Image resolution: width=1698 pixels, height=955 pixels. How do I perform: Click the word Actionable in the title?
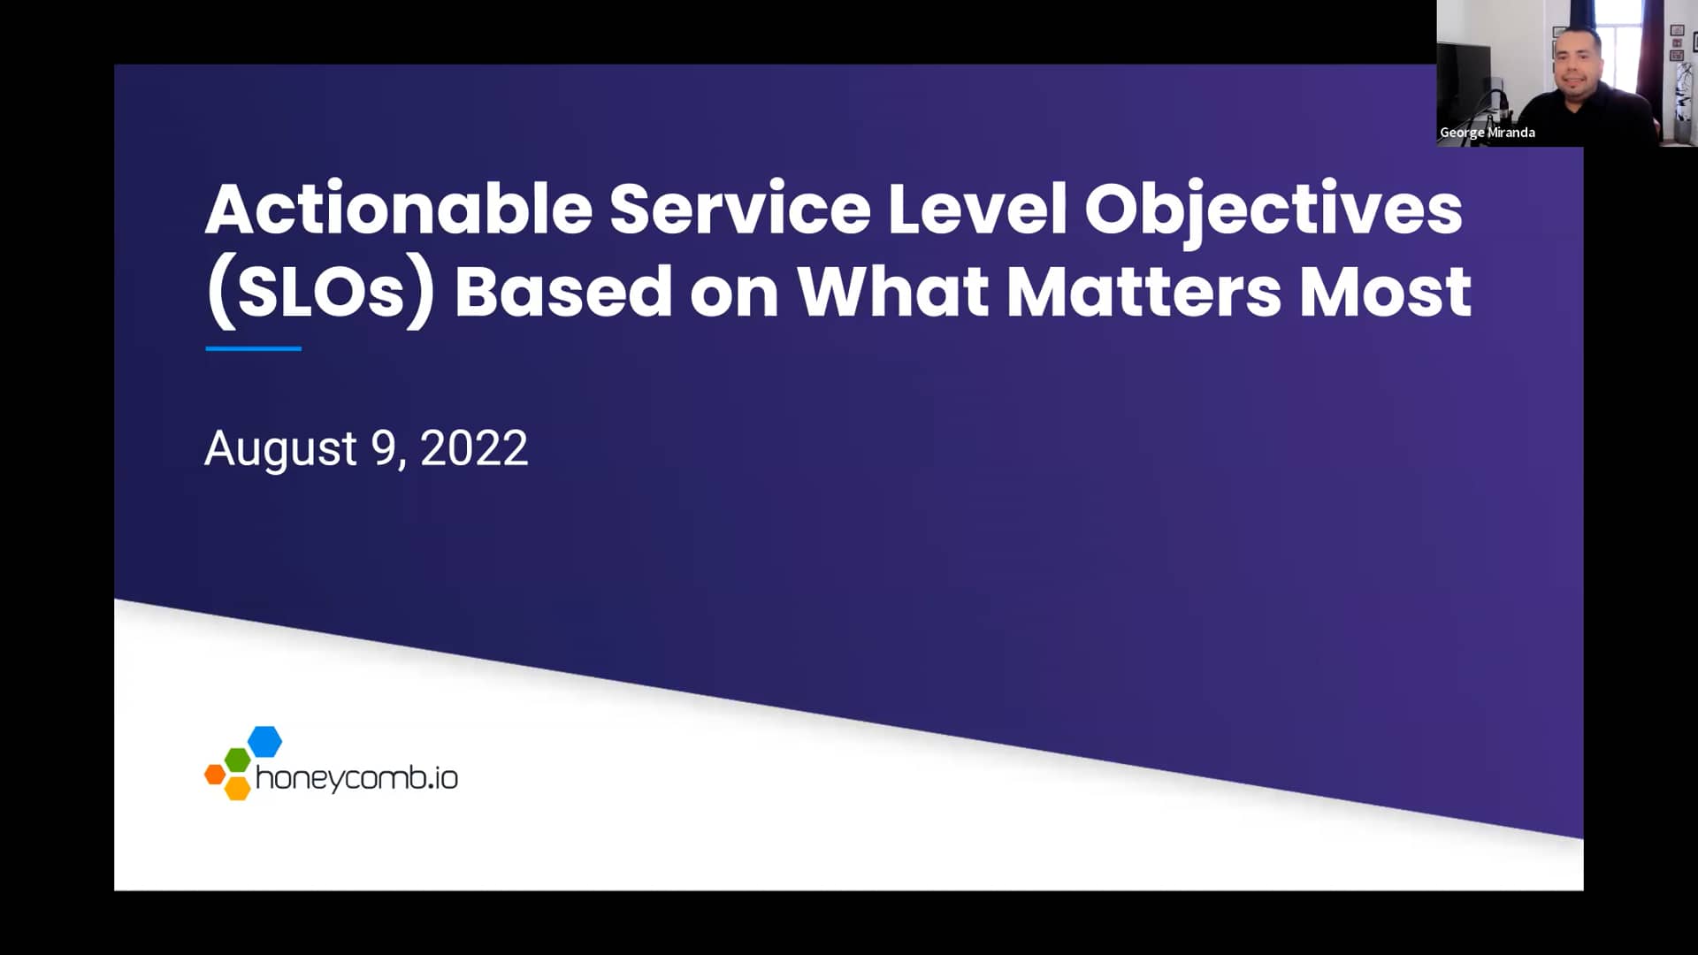tap(398, 209)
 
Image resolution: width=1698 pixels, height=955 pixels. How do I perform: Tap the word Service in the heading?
tap(739, 209)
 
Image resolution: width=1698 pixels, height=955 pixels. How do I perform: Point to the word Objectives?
tap(1273, 210)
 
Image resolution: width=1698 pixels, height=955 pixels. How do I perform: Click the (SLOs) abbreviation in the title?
tap(320, 293)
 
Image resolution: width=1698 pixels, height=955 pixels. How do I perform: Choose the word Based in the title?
tap(562, 293)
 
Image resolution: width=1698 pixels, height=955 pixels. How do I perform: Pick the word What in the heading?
tap(892, 293)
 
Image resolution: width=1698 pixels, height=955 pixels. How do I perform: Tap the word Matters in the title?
tap(1143, 293)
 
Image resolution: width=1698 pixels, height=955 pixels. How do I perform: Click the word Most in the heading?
tap(1385, 293)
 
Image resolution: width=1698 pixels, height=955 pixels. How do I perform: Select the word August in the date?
tap(280, 449)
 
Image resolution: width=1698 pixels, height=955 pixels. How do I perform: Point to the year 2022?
tap(474, 448)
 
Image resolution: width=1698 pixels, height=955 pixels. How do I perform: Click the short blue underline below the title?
tap(253, 348)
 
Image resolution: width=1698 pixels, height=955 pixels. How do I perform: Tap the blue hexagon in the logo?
tap(264, 741)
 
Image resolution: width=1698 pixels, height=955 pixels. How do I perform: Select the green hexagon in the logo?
tap(237, 759)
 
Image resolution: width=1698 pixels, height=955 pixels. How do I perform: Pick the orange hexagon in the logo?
tap(214, 775)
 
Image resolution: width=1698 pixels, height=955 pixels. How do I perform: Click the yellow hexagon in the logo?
tap(237, 787)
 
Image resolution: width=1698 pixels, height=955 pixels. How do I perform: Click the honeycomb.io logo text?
tap(356, 778)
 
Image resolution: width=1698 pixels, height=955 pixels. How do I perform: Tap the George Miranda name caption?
tap(1487, 133)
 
